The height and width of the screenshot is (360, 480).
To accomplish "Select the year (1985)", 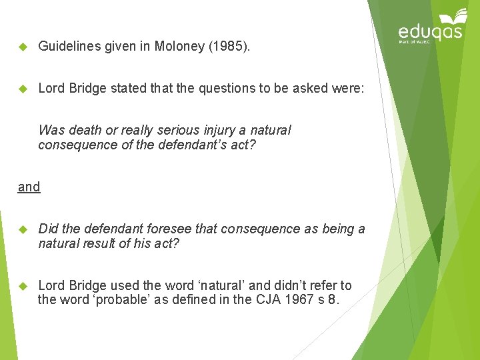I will [x=228, y=46].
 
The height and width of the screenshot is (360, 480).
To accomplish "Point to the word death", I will [x=85, y=130].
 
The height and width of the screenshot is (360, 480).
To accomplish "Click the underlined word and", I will [x=29, y=187].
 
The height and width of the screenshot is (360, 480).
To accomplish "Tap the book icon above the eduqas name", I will [x=453, y=16].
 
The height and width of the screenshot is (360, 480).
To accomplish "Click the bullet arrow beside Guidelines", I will [x=22, y=47].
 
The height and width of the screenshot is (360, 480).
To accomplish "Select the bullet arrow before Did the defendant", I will [x=22, y=229].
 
